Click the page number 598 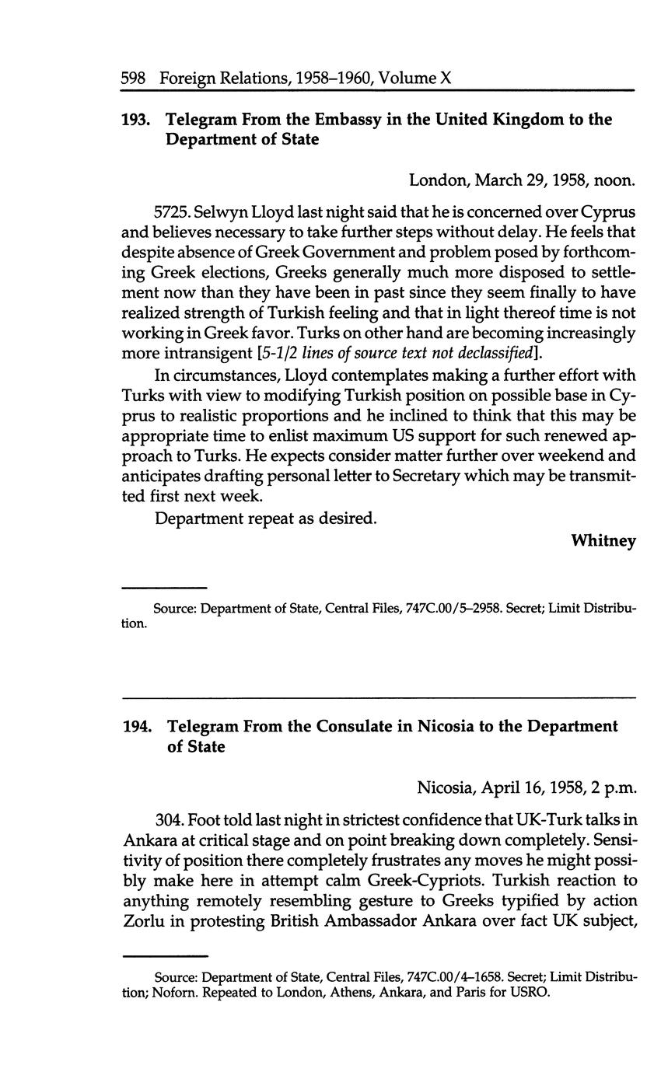click(135, 78)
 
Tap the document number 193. click(135, 120)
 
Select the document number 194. click(136, 727)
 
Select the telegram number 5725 click(171, 211)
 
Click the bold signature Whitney click(603, 541)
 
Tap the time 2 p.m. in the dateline click(615, 788)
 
